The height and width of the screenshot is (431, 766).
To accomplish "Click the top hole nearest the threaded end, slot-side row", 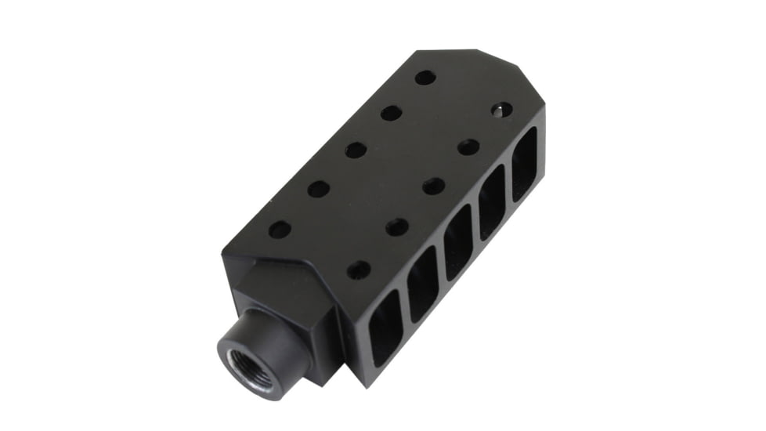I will pyautogui.click(x=359, y=270).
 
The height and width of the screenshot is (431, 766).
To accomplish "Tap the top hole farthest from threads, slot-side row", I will pyautogui.click(x=501, y=110).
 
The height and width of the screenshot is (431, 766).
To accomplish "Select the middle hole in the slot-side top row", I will pyautogui.click(x=433, y=187).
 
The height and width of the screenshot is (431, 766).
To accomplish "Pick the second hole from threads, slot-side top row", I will pyautogui.click(x=397, y=227).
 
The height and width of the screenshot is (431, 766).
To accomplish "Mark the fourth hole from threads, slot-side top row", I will pyautogui.click(x=468, y=147).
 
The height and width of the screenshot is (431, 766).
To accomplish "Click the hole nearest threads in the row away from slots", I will pyautogui.click(x=280, y=230).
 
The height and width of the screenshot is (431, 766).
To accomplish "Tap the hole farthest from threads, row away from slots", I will pyautogui.click(x=425, y=78).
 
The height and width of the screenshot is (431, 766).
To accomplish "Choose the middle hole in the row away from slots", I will pyautogui.click(x=356, y=150).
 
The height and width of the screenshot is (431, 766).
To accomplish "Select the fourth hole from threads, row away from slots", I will pyautogui.click(x=391, y=113).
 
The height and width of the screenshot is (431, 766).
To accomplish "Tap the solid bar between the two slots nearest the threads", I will pyautogui.click(x=405, y=311).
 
